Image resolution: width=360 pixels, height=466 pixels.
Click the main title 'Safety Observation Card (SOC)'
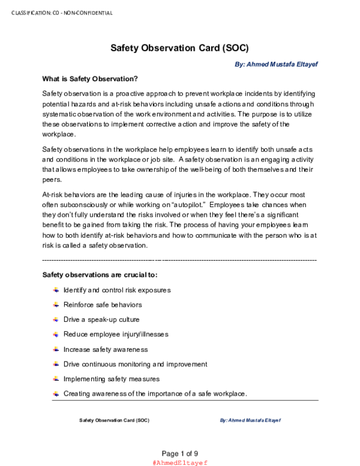click(x=179, y=47)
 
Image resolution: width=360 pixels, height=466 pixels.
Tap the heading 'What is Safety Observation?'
click(x=90, y=79)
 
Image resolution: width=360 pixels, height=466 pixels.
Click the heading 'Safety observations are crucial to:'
click(x=100, y=275)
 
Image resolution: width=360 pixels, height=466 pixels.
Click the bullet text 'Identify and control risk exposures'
click(x=117, y=290)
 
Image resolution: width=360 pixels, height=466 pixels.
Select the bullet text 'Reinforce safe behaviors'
click(x=103, y=304)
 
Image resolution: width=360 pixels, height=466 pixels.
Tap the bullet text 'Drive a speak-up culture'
click(x=101, y=319)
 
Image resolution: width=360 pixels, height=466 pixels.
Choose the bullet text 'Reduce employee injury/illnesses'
click(x=116, y=334)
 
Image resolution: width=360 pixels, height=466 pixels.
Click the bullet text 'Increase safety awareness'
click(x=105, y=349)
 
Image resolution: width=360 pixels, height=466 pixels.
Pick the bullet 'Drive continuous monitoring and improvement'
click(x=135, y=364)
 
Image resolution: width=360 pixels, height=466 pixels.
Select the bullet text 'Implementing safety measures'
click(x=112, y=379)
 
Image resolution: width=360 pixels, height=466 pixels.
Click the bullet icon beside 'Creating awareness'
click(x=56, y=393)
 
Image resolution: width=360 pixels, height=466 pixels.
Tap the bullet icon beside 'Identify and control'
click(x=56, y=289)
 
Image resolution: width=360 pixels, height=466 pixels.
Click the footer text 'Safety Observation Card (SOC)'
click(x=114, y=420)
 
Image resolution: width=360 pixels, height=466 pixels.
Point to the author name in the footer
click(x=250, y=420)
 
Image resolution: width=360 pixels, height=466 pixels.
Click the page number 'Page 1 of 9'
click(x=180, y=453)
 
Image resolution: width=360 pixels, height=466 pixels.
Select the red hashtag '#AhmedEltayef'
click(x=180, y=462)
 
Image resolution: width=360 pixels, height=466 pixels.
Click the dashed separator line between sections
click(x=179, y=260)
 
